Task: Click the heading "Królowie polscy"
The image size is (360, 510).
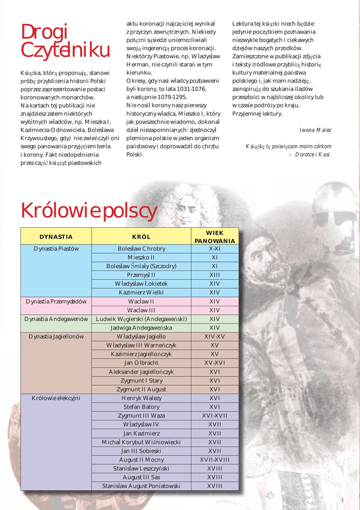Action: tap(89, 211)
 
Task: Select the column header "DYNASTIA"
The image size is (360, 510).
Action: tap(56, 237)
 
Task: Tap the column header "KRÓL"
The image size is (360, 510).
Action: tap(141, 237)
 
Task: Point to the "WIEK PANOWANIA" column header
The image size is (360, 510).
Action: tap(215, 237)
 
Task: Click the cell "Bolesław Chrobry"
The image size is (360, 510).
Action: tap(141, 249)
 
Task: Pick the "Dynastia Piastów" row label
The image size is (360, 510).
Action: tap(56, 249)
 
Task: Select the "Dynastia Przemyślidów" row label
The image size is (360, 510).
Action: tap(56, 301)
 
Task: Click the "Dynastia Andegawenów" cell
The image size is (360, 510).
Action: tap(56, 319)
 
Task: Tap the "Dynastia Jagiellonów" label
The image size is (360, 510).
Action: tap(56, 337)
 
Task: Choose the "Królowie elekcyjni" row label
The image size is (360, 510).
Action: tap(56, 398)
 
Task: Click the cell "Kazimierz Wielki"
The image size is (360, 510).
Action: tap(141, 292)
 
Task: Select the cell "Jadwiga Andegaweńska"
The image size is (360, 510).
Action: tap(141, 328)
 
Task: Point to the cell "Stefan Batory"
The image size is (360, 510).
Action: tap(141, 407)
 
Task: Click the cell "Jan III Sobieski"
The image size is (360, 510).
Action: tap(141, 451)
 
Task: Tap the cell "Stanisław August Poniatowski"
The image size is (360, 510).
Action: tap(141, 486)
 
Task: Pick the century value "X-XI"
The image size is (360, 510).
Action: tap(215, 249)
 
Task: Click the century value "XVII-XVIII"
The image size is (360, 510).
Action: tap(215, 460)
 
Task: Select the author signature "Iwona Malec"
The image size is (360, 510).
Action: tap(315, 130)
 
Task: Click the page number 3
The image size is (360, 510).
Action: tap(342, 500)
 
